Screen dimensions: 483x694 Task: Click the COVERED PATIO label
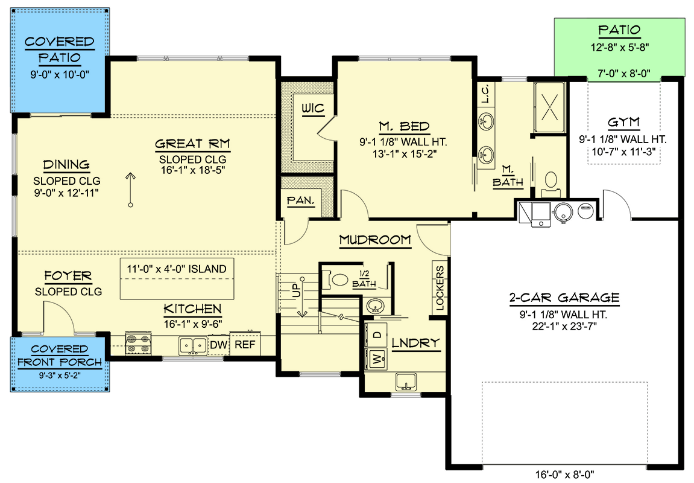pos(59,50)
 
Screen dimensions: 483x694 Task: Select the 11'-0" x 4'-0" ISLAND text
pos(177,269)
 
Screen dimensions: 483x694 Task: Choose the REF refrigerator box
pos(244,345)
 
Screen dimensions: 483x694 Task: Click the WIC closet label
pos(313,109)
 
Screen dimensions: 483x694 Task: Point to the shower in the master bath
pos(549,107)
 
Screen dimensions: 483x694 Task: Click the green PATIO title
pos(619,30)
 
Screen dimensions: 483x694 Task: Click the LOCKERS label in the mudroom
pos(440,288)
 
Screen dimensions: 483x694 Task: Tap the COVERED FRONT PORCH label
pos(59,356)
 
